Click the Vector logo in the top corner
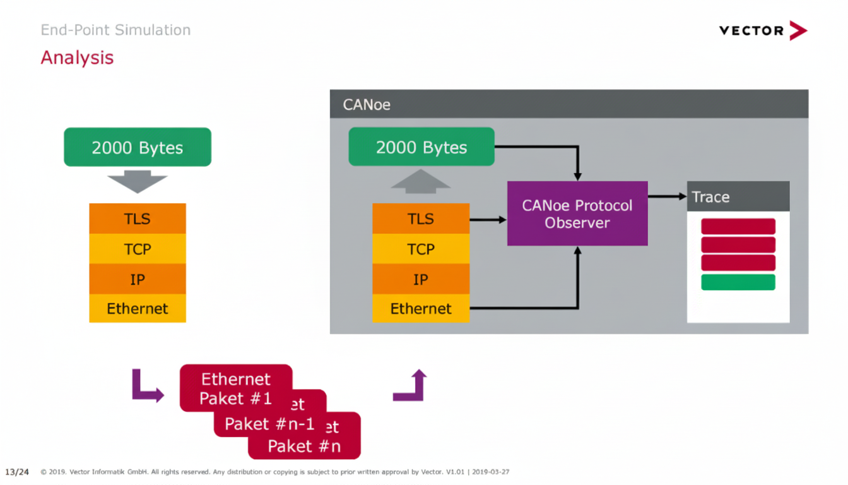pyautogui.click(x=763, y=30)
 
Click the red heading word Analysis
pyautogui.click(x=77, y=57)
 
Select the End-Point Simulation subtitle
pyautogui.click(x=115, y=30)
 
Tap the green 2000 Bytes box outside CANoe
pyautogui.click(x=138, y=147)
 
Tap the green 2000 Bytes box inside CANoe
pyautogui.click(x=421, y=147)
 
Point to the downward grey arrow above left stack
pyautogui.click(x=138, y=181)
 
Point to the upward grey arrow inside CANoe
pyautogui.click(x=421, y=180)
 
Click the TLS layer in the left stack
pyautogui.click(x=138, y=219)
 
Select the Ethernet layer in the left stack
pyautogui.click(x=138, y=308)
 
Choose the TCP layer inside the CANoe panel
pyautogui.click(x=421, y=249)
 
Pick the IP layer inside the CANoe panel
pyautogui.click(x=421, y=279)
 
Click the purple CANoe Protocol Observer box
pyautogui.click(x=577, y=213)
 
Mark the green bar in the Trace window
pyautogui.click(x=738, y=282)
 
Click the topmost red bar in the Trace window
pyautogui.click(x=738, y=226)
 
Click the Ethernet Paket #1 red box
pyautogui.click(x=235, y=388)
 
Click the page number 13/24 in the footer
pyautogui.click(x=17, y=472)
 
